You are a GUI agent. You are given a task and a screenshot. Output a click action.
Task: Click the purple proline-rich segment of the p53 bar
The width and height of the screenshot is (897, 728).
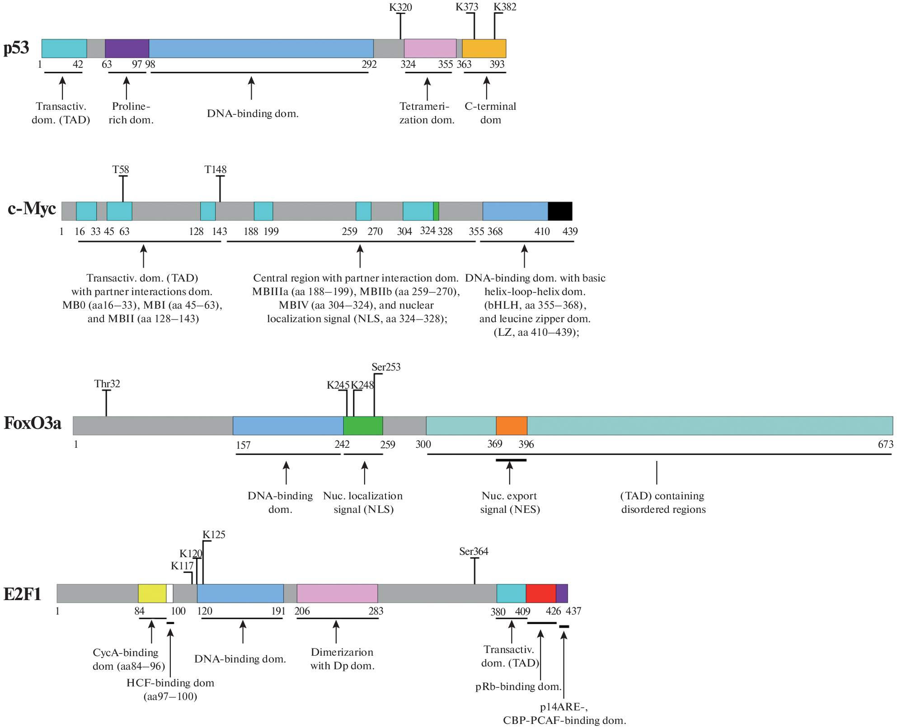pos(127,48)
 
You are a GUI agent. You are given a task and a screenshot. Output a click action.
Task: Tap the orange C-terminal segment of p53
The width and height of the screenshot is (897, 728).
pos(484,48)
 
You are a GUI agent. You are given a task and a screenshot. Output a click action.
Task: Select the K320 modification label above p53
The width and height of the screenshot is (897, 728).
pos(400,7)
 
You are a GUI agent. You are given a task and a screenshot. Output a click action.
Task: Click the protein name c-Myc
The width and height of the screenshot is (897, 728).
pos(32,208)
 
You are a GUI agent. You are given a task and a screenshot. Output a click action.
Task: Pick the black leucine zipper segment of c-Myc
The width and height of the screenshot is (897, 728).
pos(560,211)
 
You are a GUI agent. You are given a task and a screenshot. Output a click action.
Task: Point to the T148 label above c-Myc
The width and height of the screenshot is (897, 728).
pos(215,170)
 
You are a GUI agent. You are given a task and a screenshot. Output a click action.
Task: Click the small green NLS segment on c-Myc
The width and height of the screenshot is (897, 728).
pos(436,211)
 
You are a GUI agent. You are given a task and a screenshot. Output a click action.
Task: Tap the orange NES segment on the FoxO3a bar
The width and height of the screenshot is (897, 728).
pos(512,426)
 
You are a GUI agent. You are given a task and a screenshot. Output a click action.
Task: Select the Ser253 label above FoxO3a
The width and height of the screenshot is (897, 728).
pos(386,367)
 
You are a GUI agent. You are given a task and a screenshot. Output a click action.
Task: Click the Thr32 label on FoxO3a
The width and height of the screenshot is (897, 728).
pos(107,384)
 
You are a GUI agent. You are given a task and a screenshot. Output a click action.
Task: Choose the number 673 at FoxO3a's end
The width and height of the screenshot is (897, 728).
pos(885,444)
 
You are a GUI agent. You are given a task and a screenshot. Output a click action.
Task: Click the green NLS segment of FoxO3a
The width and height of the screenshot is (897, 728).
pos(363,426)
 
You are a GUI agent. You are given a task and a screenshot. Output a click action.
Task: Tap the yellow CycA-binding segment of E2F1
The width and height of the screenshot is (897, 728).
pos(152,593)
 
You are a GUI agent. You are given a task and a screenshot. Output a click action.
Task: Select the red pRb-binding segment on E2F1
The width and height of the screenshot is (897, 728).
pos(540,593)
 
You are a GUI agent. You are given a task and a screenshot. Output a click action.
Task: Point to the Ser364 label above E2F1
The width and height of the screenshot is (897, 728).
pos(474,551)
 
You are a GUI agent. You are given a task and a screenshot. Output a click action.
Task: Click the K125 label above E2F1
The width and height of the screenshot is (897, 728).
pos(214,535)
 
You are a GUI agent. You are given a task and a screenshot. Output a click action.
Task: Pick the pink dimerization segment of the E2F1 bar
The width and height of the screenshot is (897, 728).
pos(337,593)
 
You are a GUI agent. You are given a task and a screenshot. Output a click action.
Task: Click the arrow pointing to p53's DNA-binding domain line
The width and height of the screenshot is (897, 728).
pos(251,88)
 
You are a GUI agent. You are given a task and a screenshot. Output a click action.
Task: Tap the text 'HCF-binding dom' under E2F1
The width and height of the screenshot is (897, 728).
pos(170,683)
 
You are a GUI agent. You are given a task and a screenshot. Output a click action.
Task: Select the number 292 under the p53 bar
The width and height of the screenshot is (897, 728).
pos(369,64)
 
